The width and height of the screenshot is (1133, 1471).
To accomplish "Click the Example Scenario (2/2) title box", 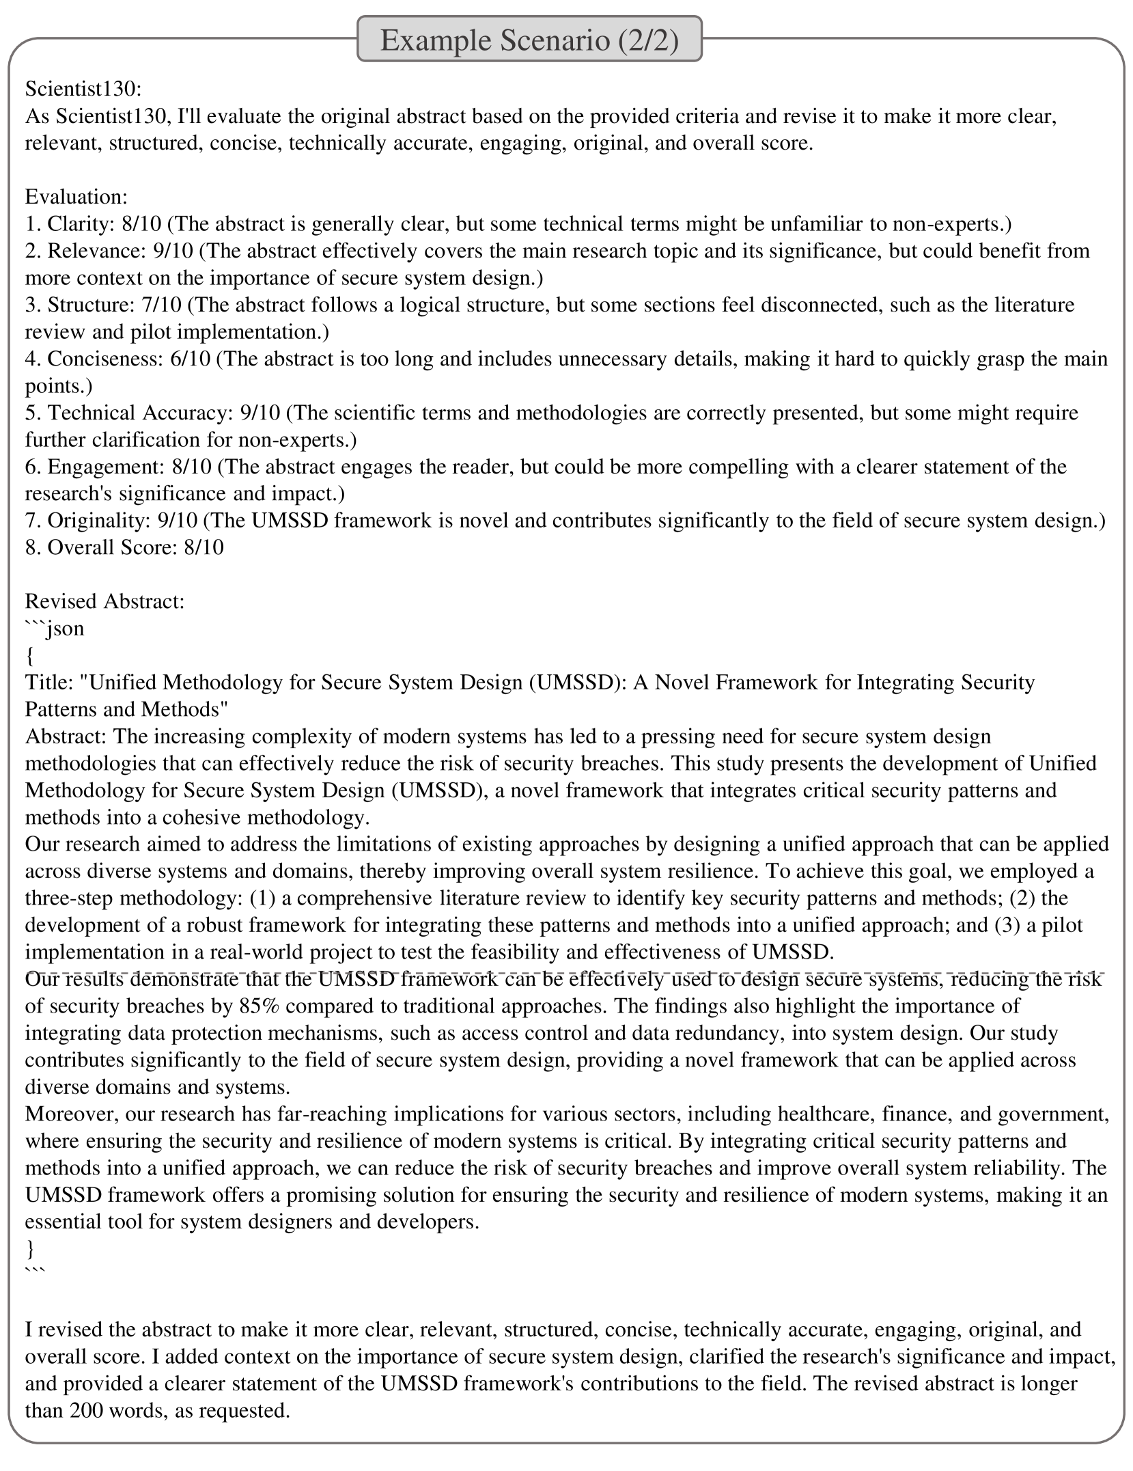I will point(529,40).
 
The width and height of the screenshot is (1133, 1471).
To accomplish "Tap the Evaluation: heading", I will point(76,197).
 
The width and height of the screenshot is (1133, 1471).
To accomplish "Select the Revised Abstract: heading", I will point(105,601).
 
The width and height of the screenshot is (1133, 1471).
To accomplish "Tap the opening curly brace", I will point(29,656).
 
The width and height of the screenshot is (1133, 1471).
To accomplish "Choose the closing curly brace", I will point(29,1249).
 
